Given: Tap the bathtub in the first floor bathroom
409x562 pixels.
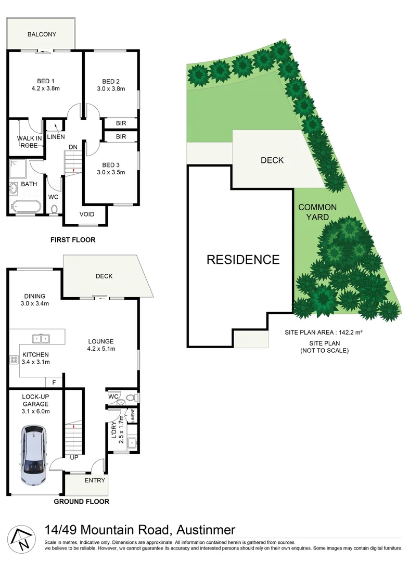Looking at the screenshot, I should coord(24,206).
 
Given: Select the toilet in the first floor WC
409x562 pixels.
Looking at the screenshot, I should coord(54,210).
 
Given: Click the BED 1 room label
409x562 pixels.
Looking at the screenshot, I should coord(45,81).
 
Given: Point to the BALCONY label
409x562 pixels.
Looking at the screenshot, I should coord(42,34).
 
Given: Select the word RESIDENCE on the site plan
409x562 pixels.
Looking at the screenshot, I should coord(243,259).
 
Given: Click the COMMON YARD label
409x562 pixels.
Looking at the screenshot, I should coord(317,212).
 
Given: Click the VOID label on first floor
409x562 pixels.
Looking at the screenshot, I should coord(86,214).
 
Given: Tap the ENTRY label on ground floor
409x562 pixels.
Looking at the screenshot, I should coord(95,480).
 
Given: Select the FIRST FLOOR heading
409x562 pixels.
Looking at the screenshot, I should coord(73,240).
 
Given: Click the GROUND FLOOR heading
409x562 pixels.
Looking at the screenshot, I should coord(82,502).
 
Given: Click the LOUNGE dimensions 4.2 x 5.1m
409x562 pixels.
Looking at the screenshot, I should coord(100,349).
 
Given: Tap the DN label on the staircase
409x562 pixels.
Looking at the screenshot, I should coord(73,147).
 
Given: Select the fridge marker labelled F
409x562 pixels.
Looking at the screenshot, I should coord(54,382).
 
